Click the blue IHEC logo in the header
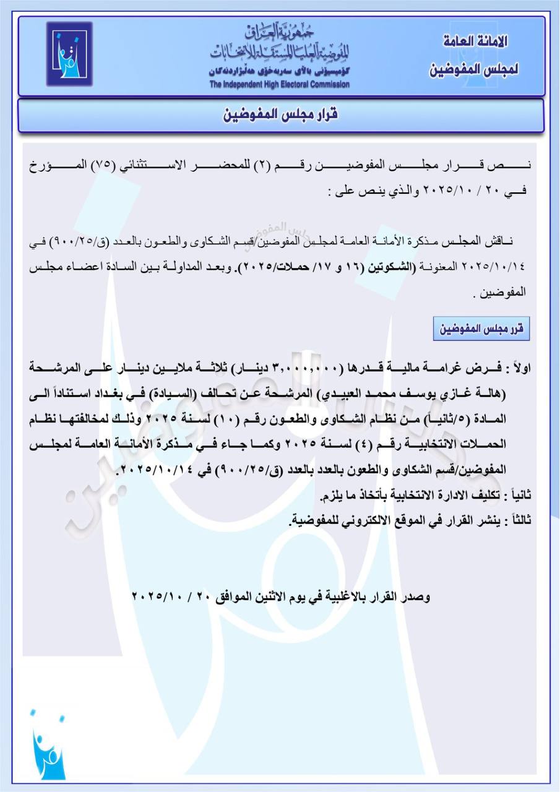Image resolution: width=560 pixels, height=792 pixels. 69,54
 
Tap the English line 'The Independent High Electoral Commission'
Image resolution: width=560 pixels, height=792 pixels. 279,85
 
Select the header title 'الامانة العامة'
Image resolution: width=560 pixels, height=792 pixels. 476,42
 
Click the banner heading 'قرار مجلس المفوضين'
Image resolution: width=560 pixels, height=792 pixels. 280,115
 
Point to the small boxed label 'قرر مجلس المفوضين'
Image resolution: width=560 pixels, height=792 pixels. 481,329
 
